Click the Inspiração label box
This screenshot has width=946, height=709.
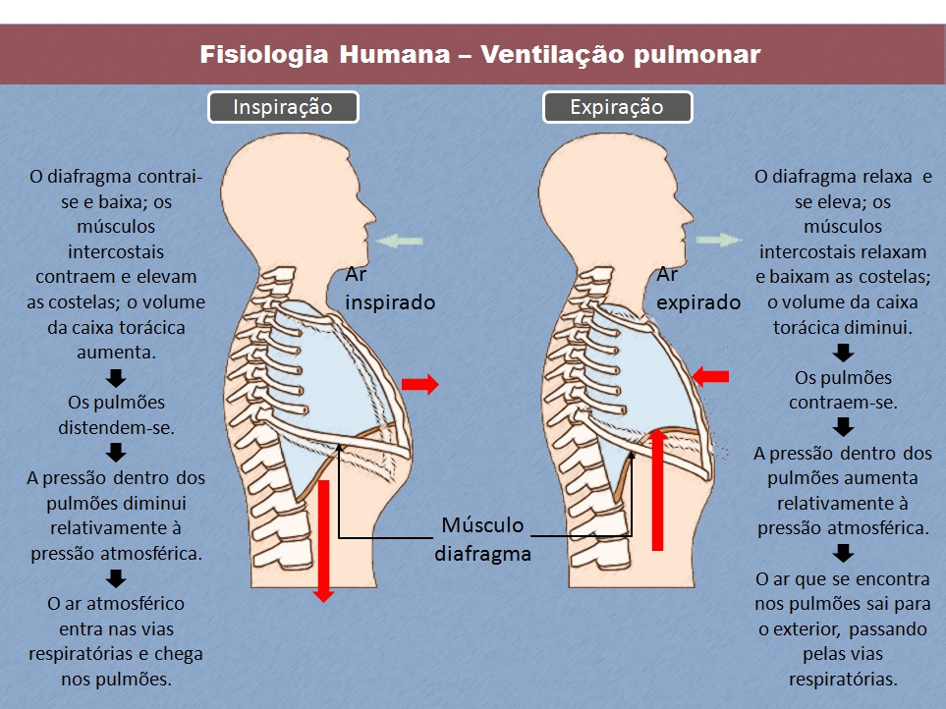(x=283, y=107)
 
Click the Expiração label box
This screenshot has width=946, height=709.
(x=617, y=107)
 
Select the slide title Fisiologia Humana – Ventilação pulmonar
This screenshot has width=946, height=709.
(x=480, y=54)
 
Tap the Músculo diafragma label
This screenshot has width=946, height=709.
(x=482, y=538)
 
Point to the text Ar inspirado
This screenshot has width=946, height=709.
(x=389, y=289)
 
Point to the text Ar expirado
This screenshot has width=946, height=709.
(x=698, y=289)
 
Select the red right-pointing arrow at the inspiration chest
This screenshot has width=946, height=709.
(x=419, y=385)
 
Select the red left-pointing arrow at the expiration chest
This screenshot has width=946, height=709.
(x=711, y=375)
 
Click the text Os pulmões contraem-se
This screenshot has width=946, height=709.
(x=844, y=391)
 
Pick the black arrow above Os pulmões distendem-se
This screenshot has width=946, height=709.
(x=116, y=378)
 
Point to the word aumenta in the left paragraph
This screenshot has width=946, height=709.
(x=116, y=350)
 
